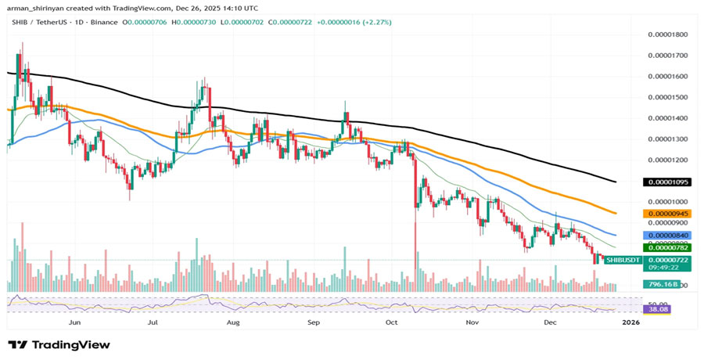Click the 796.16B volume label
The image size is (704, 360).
(659, 285)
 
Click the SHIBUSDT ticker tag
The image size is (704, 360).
(623, 260)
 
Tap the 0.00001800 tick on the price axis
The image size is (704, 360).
(667, 35)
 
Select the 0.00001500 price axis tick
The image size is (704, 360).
(667, 98)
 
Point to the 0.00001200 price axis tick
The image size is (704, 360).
(667, 160)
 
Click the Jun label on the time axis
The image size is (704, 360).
(75, 322)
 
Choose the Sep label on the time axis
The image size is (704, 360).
(314, 322)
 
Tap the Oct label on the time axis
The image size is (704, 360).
(393, 322)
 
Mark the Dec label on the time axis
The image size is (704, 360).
(551, 322)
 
